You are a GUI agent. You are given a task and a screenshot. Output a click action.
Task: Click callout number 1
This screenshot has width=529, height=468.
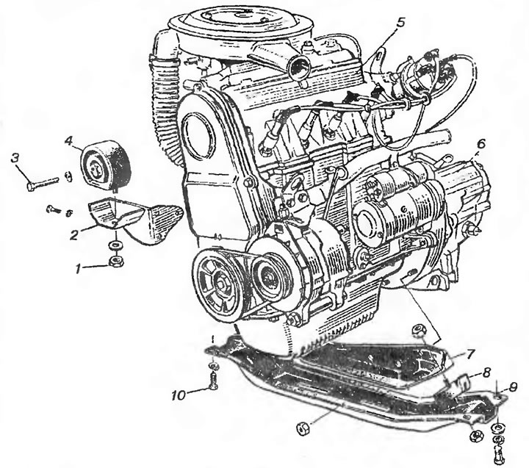coord(79,269)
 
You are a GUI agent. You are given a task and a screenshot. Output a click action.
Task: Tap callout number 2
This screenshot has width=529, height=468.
coord(74,234)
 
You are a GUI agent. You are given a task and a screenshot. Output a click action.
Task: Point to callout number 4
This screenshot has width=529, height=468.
coord(68,140)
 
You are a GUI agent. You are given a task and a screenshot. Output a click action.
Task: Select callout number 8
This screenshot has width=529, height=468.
coord(486,372)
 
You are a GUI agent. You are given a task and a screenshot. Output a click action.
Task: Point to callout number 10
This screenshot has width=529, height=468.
coord(179,395)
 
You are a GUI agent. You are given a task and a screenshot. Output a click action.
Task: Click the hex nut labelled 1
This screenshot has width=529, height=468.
coord(117,261)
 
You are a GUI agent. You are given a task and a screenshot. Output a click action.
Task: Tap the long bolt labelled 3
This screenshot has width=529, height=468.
coord(43,182)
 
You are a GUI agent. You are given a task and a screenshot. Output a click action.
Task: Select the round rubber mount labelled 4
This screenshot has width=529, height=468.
coord(105,165)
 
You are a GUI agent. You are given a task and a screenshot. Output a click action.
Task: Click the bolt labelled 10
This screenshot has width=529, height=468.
coord(212,381)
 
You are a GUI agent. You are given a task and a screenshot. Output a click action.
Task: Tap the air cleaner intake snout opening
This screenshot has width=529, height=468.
coord(298,65)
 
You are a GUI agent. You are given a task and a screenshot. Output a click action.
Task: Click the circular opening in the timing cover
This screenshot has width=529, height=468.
coord(198,135)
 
